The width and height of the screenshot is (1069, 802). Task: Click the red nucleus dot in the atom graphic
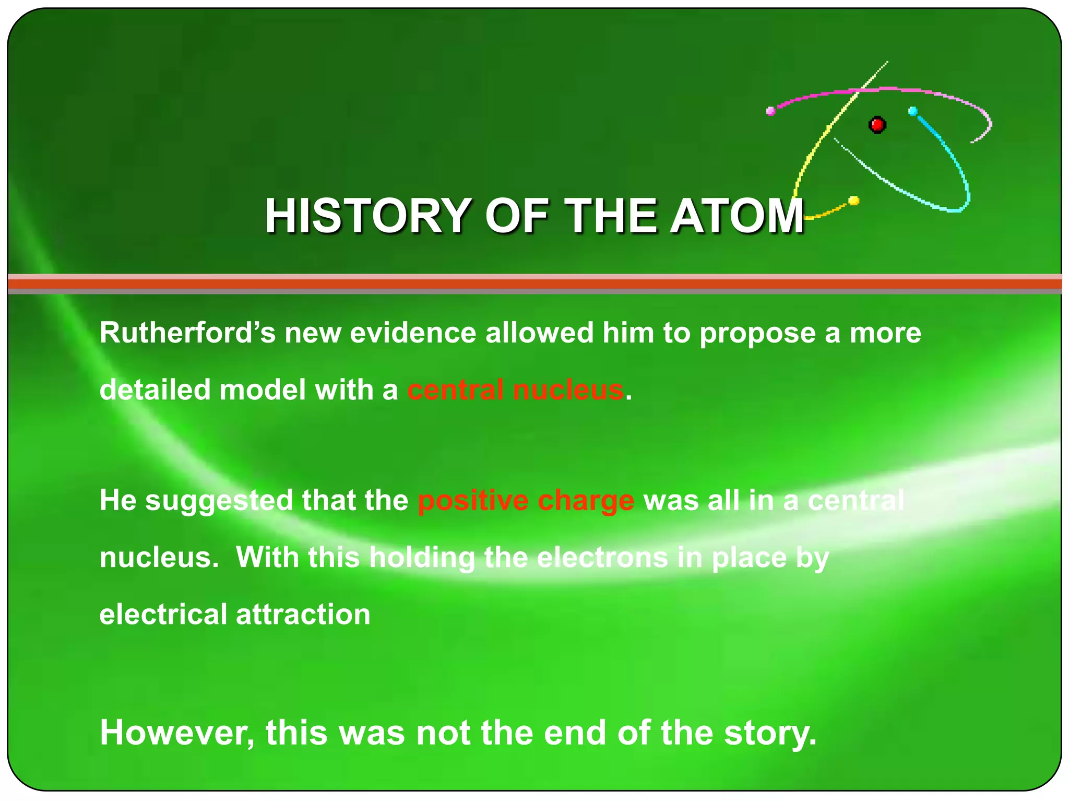[x=877, y=125]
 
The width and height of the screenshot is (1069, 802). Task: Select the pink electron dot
[x=770, y=111]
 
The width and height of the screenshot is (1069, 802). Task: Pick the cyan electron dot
[x=913, y=111]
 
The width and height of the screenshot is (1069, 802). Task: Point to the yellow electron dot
[x=854, y=200]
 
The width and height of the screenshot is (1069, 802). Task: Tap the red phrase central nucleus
[x=516, y=390]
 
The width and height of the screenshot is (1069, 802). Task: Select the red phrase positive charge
[x=526, y=500]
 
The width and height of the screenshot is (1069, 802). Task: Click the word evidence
[x=413, y=333]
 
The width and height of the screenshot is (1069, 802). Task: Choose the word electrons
[x=602, y=557]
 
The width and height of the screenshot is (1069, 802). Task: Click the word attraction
[x=303, y=614]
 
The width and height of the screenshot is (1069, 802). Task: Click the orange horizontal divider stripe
[x=534, y=284]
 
